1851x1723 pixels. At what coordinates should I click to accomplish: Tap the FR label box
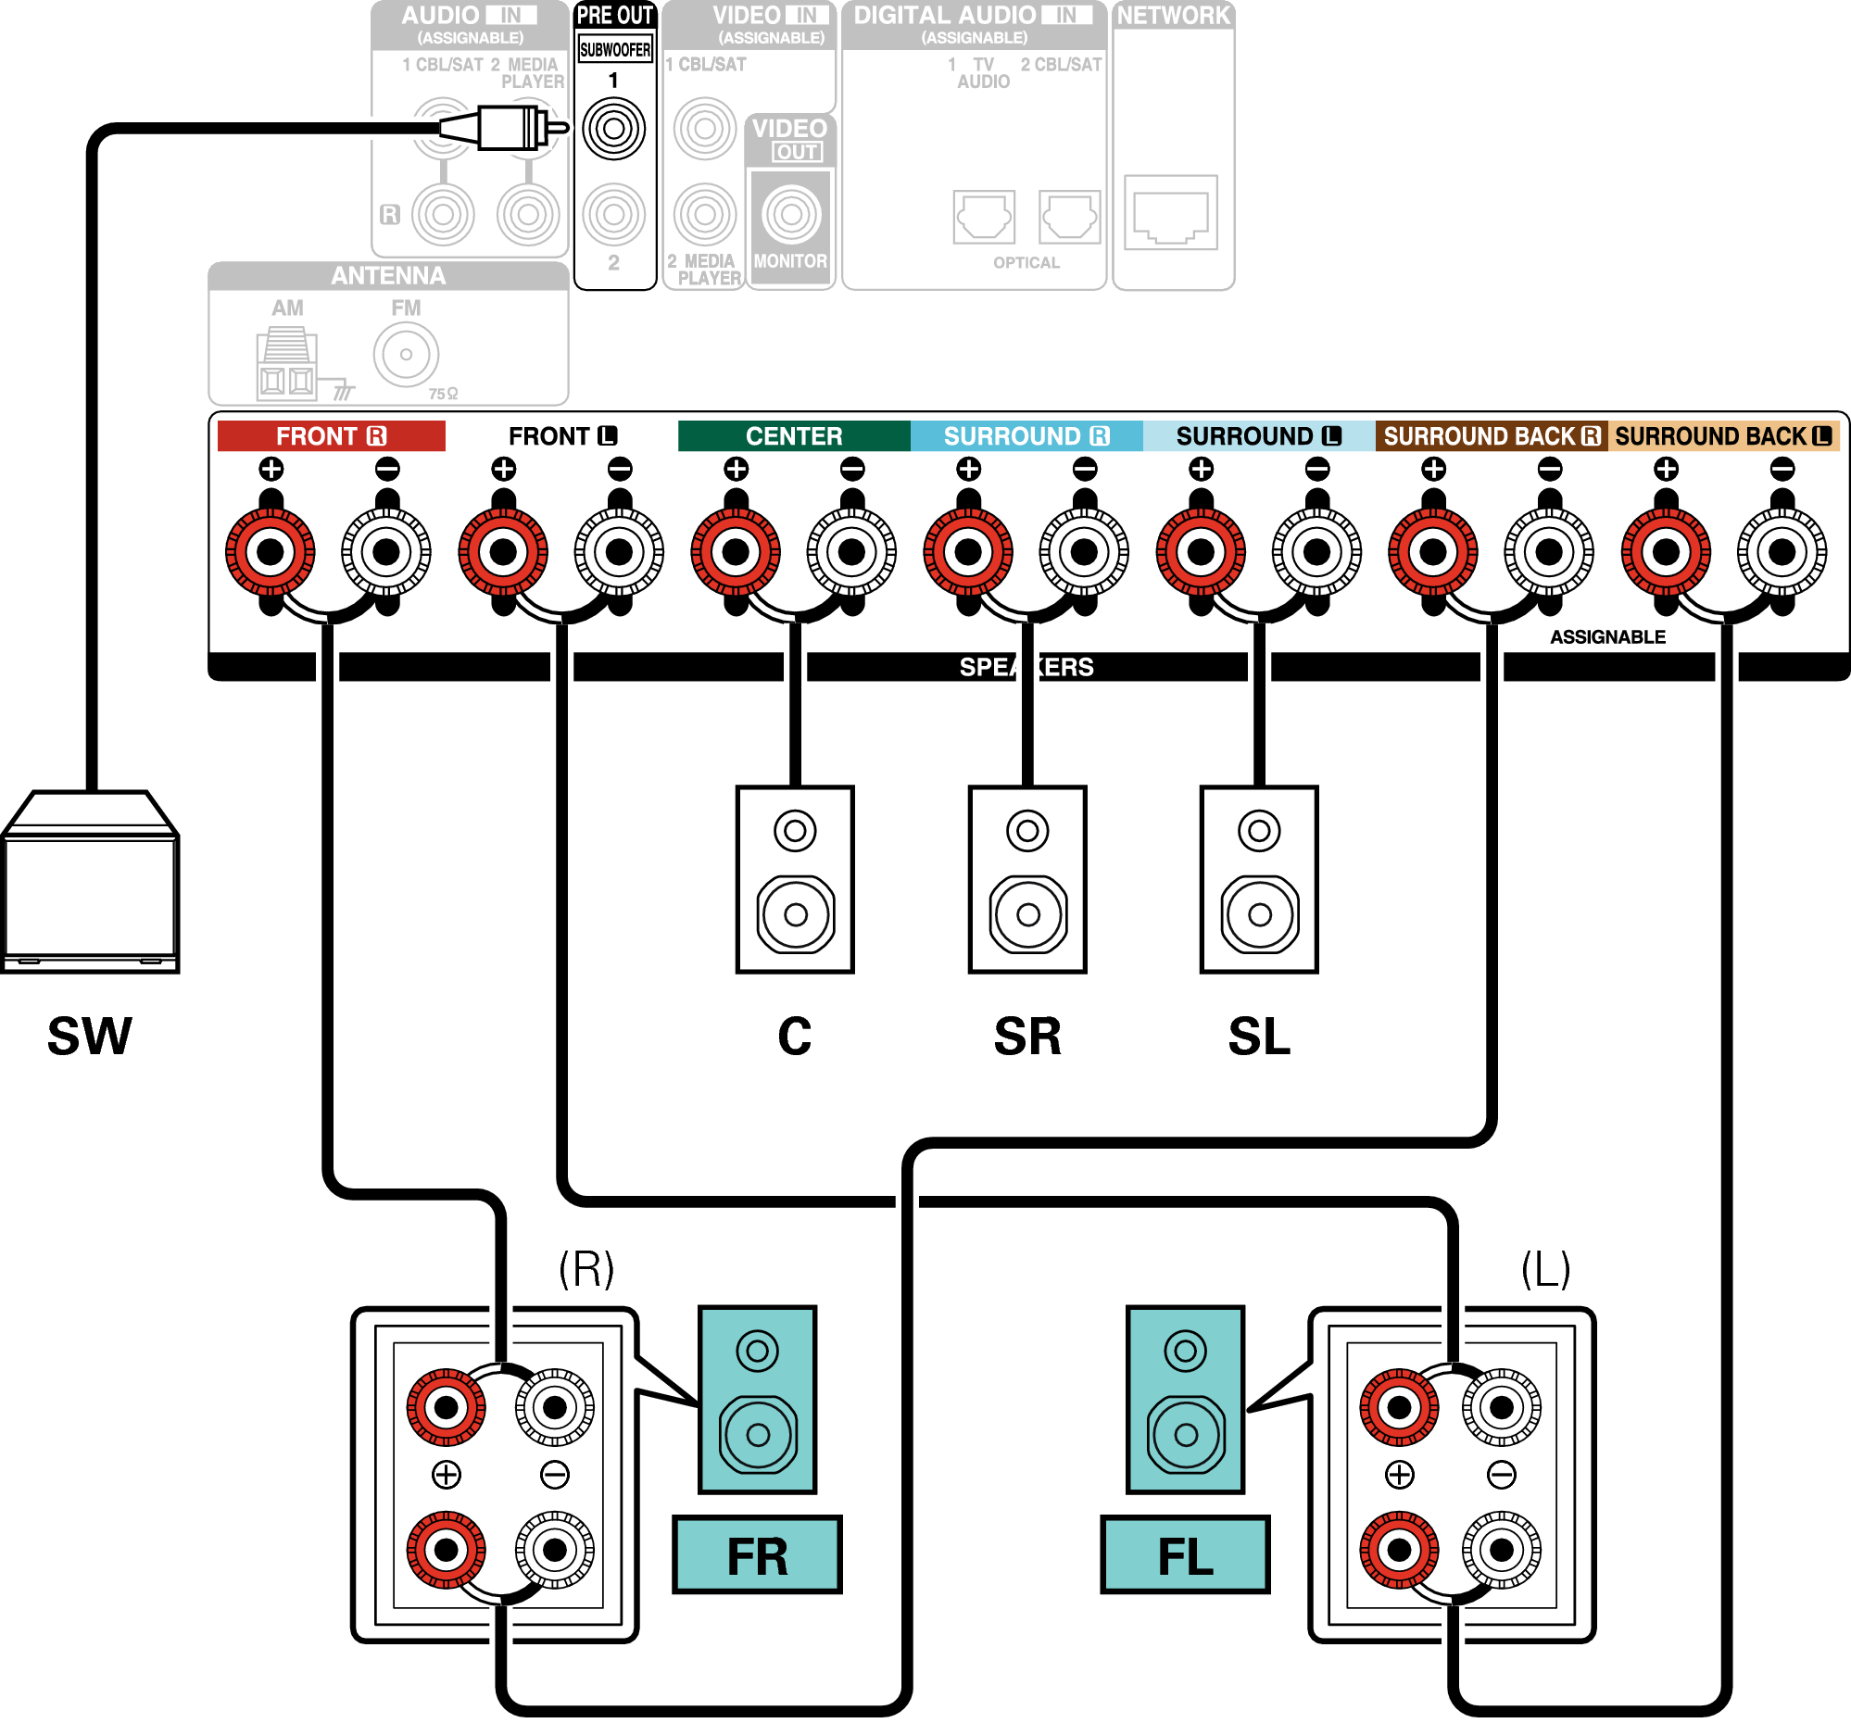757,1555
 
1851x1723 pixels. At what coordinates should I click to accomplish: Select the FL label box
1184,1555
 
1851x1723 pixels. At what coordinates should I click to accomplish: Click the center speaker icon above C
794,880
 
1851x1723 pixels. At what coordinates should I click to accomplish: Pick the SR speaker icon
1027,880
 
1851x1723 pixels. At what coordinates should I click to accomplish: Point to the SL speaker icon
1259,880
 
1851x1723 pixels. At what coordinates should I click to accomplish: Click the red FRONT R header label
331,435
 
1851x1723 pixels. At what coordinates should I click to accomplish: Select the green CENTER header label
793,435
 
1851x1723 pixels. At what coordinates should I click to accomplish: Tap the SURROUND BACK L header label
1722,435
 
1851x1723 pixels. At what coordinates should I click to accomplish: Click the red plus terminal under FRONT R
270,552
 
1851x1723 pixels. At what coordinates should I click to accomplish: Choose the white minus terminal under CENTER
851,552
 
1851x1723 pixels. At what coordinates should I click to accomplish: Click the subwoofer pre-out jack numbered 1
613,129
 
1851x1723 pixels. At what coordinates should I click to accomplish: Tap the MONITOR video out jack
790,214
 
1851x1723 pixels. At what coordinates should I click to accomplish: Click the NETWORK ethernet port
1170,213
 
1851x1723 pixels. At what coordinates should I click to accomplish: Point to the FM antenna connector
406,355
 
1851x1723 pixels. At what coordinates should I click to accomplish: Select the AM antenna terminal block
286,365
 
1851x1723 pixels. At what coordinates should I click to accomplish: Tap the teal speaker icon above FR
757,1399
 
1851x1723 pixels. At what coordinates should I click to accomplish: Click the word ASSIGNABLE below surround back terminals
1607,636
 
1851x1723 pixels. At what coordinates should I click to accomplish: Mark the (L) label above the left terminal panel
1545,1268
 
